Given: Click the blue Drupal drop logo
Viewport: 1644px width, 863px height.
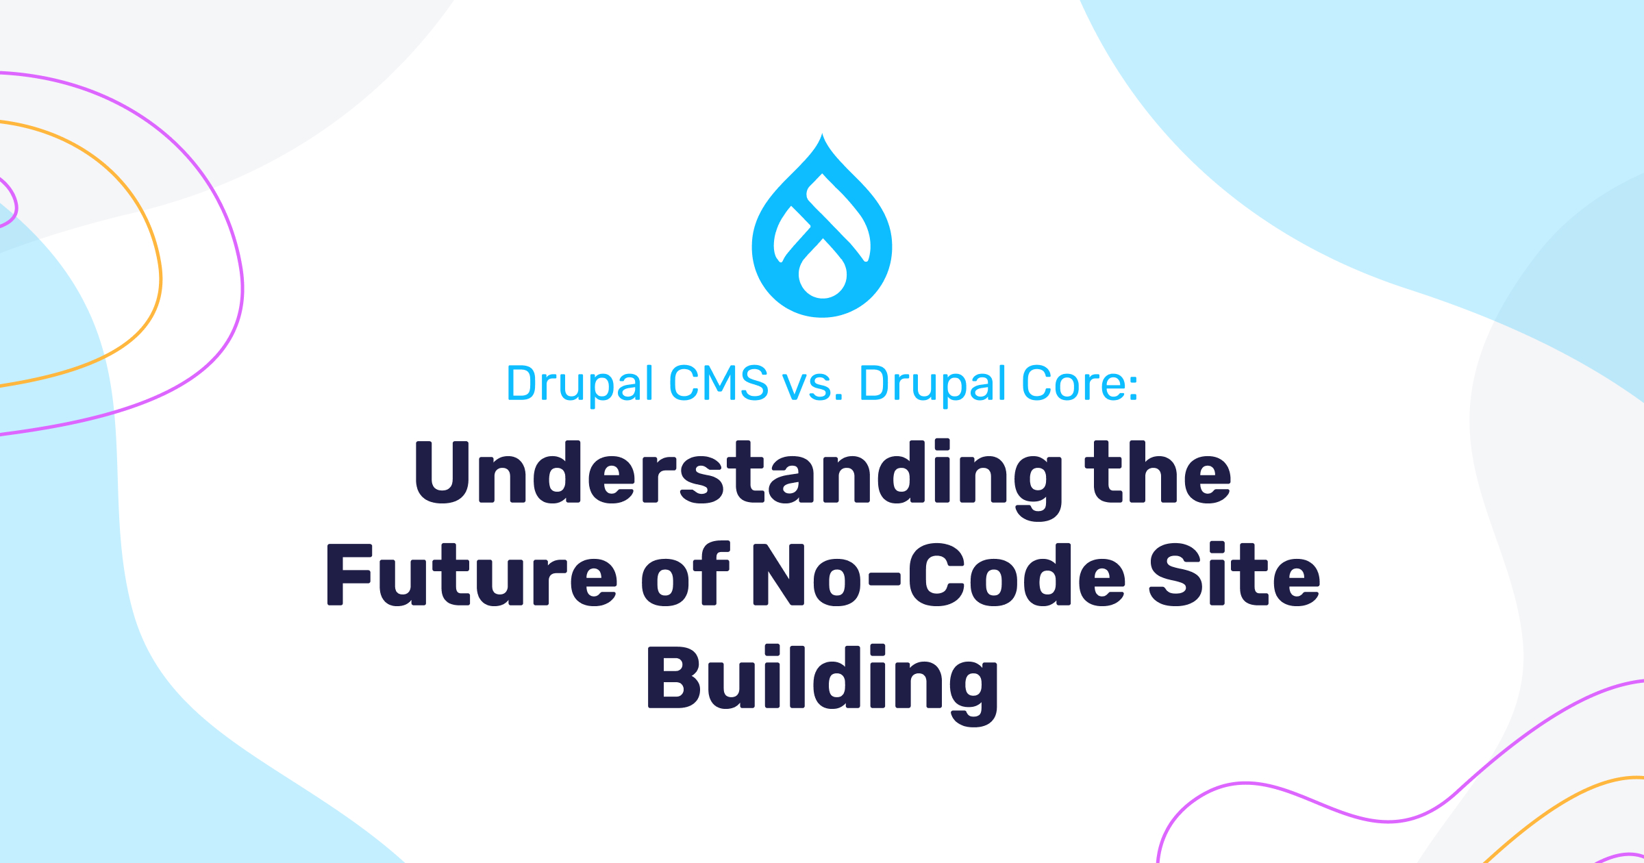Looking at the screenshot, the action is coord(822,226).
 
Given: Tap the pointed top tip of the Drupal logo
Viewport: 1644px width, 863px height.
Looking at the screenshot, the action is coord(822,134).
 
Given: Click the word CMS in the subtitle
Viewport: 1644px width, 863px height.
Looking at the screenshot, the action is coord(719,384).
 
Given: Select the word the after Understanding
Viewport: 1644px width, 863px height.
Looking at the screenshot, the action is coord(1158,472).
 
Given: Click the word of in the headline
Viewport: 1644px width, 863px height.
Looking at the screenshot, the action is coord(686,573).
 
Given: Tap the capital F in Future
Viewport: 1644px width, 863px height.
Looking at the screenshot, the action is coord(349,575).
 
